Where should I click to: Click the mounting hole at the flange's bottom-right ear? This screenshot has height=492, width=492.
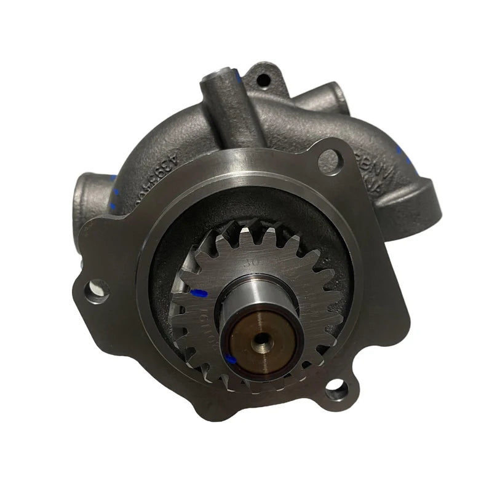pyautogui.click(x=336, y=388)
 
